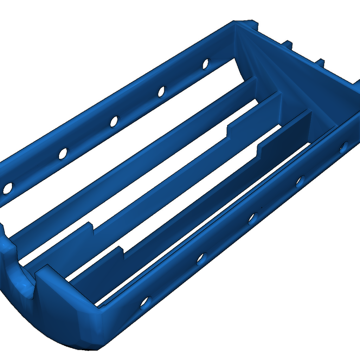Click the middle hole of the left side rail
[x=114, y=122]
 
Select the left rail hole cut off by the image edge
[x=7, y=188]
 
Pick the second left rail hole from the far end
[x=161, y=91]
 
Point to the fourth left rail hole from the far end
[x=63, y=154]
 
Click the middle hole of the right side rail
[x=252, y=219]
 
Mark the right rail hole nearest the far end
[x=344, y=147]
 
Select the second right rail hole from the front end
[x=201, y=259]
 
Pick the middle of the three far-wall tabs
[x=288, y=45]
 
